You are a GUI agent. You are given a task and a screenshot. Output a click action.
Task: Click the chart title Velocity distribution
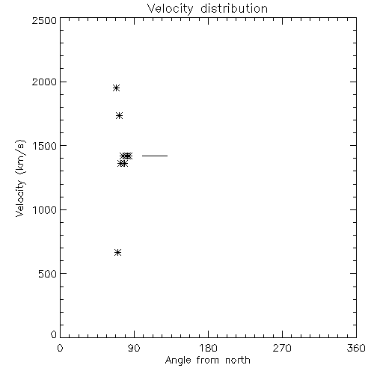(207, 9)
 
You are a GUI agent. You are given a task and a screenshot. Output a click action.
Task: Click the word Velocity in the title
(170, 9)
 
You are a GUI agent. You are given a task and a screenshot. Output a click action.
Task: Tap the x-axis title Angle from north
(207, 361)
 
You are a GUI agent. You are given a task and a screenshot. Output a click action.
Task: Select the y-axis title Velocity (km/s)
(20, 178)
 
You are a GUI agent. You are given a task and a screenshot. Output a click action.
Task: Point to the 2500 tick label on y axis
(44, 20)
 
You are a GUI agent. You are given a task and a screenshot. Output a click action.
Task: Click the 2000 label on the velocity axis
(44, 82)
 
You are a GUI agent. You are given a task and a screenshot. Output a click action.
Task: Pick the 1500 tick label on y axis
(45, 146)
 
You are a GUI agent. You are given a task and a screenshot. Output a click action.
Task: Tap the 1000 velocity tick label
(45, 210)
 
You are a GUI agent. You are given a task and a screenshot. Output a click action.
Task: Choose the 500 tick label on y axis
(47, 274)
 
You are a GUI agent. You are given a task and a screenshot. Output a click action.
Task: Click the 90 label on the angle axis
(134, 348)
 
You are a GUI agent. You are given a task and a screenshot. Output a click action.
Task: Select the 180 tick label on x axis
(208, 348)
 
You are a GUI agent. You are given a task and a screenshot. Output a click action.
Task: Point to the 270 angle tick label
(282, 348)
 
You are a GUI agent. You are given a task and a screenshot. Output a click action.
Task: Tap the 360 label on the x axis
(356, 348)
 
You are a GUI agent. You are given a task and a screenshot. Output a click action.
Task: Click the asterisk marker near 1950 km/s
(116, 88)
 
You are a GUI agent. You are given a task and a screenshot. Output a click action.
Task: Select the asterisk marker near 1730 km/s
(120, 115)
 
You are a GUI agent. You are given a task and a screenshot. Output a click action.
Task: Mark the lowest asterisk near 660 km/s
(118, 253)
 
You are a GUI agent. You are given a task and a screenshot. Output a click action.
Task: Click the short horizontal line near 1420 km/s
(155, 156)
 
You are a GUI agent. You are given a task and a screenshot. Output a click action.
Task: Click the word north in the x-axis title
(238, 361)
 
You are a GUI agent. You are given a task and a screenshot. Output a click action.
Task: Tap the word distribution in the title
(234, 8)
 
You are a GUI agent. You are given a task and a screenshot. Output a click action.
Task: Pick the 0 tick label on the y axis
(54, 334)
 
